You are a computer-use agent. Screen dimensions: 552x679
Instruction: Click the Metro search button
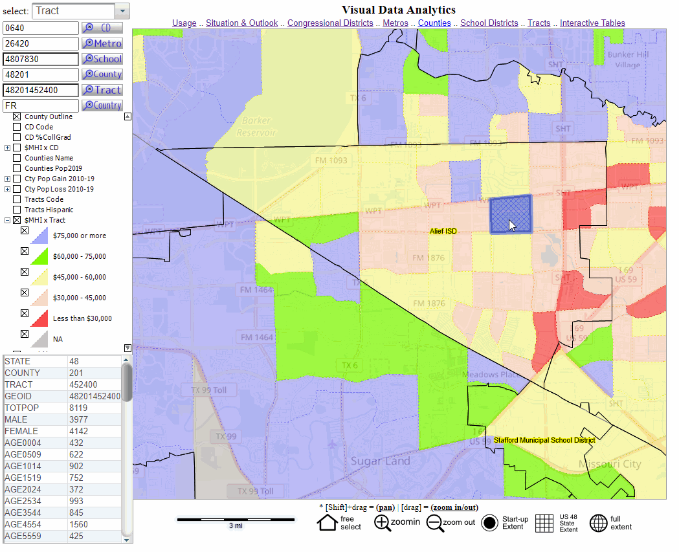click(x=102, y=43)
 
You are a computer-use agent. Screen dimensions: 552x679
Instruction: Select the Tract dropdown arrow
click(x=122, y=11)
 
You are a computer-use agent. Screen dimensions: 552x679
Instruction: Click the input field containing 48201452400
click(x=41, y=90)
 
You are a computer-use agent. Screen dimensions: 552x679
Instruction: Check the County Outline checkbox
click(x=17, y=116)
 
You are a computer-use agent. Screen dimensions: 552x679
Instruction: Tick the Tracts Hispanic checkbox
click(x=17, y=210)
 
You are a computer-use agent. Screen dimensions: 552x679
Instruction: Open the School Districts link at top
click(x=489, y=23)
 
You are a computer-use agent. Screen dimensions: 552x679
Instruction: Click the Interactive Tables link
click(x=592, y=23)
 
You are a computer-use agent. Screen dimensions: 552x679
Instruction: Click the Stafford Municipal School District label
click(x=544, y=441)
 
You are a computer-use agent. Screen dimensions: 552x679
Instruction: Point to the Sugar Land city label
click(x=380, y=461)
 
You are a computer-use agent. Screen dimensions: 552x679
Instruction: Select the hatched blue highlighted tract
click(x=510, y=214)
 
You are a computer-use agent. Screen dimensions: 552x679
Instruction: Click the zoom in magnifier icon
click(x=383, y=523)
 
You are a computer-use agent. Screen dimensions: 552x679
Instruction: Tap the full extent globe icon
click(x=598, y=523)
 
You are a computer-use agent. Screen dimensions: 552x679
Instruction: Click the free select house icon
click(x=327, y=522)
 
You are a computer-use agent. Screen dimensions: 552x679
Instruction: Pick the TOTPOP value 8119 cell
click(x=94, y=408)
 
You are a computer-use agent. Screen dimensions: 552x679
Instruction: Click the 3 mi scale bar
click(x=236, y=519)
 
